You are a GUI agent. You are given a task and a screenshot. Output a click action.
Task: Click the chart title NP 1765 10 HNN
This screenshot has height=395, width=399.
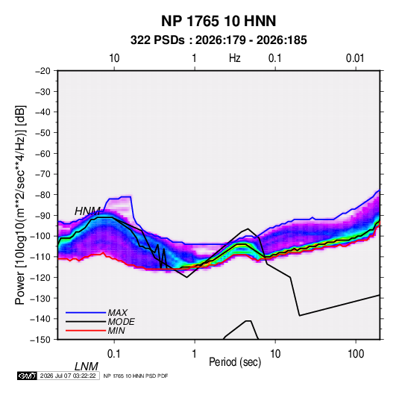219,21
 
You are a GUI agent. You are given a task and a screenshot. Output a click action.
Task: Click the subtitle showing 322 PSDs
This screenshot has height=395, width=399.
219,40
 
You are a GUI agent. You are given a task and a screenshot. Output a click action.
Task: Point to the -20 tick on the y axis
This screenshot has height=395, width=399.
43,71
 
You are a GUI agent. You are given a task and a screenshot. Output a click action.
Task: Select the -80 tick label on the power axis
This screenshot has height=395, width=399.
43,195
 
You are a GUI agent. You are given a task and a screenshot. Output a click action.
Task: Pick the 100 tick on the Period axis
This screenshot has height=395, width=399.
356,354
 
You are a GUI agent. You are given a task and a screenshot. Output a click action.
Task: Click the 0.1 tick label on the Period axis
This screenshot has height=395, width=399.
114,354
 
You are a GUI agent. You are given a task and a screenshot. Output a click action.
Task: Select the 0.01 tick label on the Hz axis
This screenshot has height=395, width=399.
355,58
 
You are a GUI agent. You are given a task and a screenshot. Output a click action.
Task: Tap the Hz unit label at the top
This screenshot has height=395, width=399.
235,58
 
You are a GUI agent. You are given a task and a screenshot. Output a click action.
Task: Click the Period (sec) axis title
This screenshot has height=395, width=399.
235,362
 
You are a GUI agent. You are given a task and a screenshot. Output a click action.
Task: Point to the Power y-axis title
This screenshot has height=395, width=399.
20,205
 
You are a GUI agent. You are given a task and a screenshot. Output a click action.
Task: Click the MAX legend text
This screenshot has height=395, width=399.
118,312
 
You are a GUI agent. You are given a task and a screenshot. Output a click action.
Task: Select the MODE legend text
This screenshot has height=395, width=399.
121,322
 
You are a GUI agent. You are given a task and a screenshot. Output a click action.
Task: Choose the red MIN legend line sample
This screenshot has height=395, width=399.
86,331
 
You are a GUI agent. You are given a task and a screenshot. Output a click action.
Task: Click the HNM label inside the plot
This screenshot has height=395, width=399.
87,211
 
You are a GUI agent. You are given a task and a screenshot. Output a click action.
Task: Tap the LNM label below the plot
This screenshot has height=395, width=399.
87,367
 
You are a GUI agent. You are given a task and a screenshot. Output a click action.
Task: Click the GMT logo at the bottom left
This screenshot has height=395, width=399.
27,376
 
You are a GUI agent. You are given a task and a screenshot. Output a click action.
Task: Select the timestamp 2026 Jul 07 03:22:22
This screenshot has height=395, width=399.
68,376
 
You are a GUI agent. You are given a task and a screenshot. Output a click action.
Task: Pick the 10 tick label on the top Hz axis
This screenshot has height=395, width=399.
114,58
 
